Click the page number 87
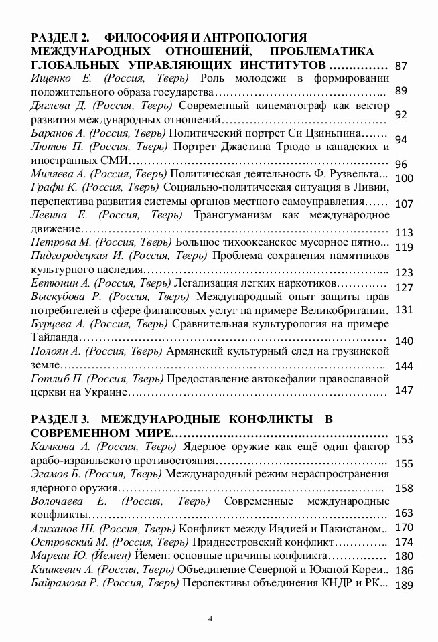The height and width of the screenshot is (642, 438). (402, 66)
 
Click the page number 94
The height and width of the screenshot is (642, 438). (402, 139)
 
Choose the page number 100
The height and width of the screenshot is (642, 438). (405, 178)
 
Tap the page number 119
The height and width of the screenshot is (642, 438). (405, 247)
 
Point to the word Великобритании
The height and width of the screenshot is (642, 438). (345, 310)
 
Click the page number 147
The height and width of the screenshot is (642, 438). (405, 389)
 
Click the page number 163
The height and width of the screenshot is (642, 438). (405, 513)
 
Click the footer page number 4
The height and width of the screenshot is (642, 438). (210, 617)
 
